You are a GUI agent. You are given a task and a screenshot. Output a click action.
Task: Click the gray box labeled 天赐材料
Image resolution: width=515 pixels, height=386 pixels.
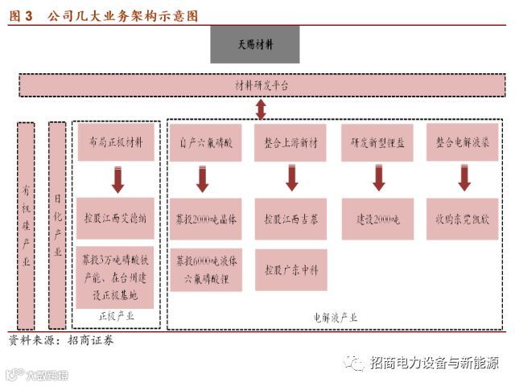(x=254, y=44)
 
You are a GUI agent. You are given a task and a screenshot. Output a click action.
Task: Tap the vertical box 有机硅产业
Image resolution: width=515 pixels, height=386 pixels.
(x=26, y=225)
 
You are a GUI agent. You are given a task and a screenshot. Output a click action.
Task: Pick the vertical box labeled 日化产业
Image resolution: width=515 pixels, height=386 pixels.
(x=57, y=225)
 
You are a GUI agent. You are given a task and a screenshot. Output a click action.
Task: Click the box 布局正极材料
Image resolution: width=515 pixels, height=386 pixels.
(x=117, y=142)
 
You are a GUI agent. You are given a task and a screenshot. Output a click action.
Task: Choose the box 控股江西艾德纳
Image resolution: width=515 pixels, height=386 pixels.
(x=117, y=218)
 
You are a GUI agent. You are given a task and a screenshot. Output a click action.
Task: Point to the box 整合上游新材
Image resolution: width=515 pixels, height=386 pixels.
(x=291, y=142)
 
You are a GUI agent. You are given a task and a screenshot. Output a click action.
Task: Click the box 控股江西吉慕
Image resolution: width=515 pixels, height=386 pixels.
(x=291, y=218)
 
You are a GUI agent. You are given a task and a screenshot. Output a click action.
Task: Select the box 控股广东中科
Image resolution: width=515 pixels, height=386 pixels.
(x=291, y=269)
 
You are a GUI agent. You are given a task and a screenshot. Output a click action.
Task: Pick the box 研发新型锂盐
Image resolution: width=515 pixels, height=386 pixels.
(x=377, y=142)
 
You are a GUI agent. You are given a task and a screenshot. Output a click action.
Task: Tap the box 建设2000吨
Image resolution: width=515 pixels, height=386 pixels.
(x=377, y=218)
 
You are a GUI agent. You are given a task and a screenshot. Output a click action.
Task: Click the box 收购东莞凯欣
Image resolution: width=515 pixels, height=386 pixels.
(x=463, y=218)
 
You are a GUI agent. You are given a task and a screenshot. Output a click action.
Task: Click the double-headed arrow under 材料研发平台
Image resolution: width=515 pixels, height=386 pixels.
(x=261, y=109)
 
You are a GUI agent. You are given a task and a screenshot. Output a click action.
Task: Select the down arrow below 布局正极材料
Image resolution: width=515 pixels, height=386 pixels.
(x=117, y=179)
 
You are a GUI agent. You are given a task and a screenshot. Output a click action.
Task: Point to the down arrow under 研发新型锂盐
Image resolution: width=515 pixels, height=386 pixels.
(x=377, y=179)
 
